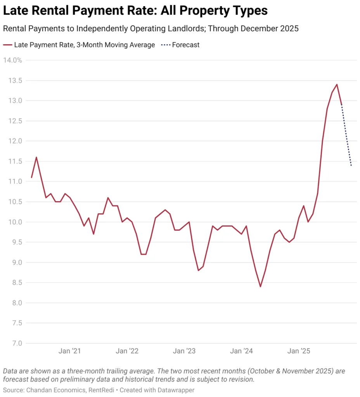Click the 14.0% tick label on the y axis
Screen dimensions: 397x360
click(x=12, y=60)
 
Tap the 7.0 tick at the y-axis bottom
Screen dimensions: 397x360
click(x=16, y=343)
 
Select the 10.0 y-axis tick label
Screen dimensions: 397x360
click(x=15, y=222)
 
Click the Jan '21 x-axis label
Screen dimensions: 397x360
click(x=70, y=351)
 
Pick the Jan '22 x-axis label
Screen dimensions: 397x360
click(x=127, y=351)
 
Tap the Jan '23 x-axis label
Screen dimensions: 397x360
click(x=184, y=351)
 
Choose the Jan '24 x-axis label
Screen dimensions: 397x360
click(x=241, y=351)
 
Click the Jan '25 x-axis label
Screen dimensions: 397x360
click(x=299, y=351)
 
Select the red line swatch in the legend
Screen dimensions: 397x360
click(x=7, y=45)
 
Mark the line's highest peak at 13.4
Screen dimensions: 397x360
click(x=337, y=85)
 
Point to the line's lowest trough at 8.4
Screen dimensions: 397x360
click(x=260, y=287)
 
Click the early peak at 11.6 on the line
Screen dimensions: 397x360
click(x=36, y=157)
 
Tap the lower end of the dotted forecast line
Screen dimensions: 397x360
click(x=351, y=166)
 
